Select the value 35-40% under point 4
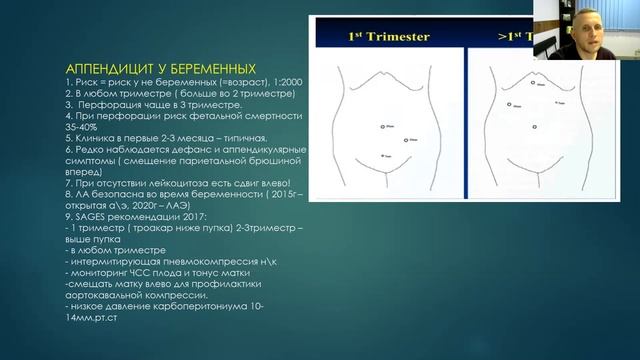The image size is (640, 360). coord(78,126)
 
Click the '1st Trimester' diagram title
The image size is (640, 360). coord(389,37)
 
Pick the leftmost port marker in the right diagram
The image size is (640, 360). coord(509,103)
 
